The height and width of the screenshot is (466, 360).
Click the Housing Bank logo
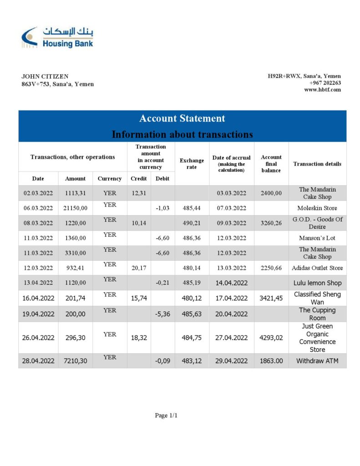click(x=57, y=37)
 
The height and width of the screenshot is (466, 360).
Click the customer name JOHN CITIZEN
click(x=45, y=76)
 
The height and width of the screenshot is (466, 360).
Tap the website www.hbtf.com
click(x=322, y=90)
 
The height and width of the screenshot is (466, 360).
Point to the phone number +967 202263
click(x=325, y=83)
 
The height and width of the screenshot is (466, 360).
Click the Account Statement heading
click(x=182, y=118)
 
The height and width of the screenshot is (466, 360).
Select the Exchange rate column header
click(x=192, y=164)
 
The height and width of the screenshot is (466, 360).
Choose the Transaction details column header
click(x=317, y=164)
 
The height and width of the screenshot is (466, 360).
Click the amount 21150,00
click(x=75, y=208)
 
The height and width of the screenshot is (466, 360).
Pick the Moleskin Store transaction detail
click(x=317, y=208)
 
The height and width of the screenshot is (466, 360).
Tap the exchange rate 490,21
click(x=192, y=223)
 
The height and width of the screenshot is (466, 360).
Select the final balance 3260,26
click(x=271, y=223)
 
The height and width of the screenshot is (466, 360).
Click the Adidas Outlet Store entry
click(x=317, y=268)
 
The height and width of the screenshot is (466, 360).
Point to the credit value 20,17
click(x=138, y=268)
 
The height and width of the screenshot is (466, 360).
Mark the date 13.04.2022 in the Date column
click(x=38, y=283)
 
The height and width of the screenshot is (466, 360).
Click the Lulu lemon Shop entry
click(x=317, y=283)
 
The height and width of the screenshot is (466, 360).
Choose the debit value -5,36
click(x=162, y=314)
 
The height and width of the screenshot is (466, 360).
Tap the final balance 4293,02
click(x=271, y=338)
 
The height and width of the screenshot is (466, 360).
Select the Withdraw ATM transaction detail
click(x=317, y=360)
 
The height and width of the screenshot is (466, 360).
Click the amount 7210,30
click(x=75, y=360)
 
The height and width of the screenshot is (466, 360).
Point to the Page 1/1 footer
click(x=166, y=415)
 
